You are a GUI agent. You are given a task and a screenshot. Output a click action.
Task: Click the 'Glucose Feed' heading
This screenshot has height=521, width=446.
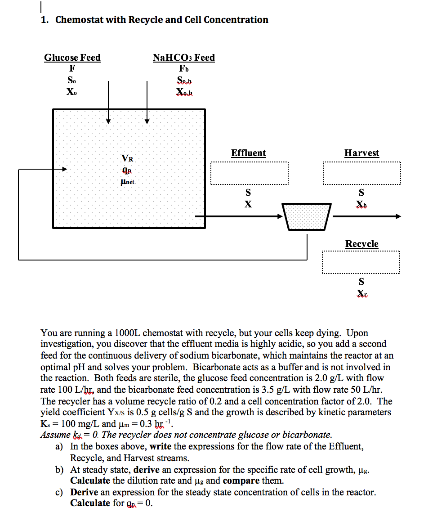click(x=72, y=58)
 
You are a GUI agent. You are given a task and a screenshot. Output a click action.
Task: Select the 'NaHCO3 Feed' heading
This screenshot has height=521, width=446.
click(x=183, y=58)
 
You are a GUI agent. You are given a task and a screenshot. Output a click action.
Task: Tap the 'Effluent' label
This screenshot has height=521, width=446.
click(x=249, y=153)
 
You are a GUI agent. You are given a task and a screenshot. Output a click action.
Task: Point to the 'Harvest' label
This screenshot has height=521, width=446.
click(x=361, y=153)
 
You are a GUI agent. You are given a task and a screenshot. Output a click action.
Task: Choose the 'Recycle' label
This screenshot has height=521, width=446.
click(x=361, y=244)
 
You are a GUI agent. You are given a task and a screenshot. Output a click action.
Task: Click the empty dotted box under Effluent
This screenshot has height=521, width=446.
click(x=250, y=173)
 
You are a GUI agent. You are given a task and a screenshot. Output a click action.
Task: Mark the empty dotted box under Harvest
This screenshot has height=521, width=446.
click(x=362, y=173)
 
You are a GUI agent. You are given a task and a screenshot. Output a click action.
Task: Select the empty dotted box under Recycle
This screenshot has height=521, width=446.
click(x=361, y=262)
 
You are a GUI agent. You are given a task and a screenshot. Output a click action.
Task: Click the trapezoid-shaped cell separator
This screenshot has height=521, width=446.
click(x=307, y=217)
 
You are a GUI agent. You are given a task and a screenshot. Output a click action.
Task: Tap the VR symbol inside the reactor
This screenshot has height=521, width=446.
click(x=127, y=158)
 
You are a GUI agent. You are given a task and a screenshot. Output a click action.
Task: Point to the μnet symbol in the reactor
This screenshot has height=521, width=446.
click(x=128, y=182)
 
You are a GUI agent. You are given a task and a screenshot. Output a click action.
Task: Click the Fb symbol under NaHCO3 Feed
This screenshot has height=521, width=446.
click(x=183, y=68)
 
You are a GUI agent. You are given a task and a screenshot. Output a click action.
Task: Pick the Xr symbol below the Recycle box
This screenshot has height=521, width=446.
click(x=362, y=293)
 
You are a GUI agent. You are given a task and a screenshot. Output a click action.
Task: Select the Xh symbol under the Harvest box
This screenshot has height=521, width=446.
click(x=361, y=204)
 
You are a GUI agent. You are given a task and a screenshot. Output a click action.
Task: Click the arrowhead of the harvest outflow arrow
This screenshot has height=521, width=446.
click(x=398, y=216)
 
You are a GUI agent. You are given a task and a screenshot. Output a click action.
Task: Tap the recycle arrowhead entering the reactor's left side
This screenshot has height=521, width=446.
click(x=64, y=169)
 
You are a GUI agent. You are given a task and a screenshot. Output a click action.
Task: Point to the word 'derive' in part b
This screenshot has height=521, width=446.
click(x=147, y=470)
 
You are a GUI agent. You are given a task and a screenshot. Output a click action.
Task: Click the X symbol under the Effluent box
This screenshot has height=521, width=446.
click(x=248, y=204)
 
